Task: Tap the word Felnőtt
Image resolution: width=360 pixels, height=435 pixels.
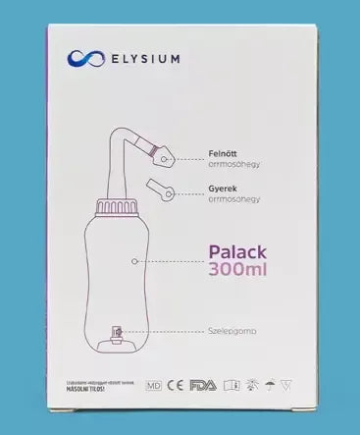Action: pos(224,154)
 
